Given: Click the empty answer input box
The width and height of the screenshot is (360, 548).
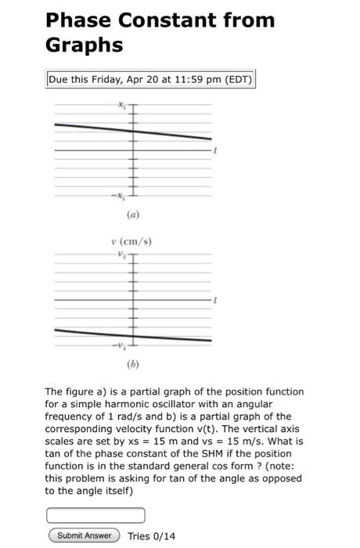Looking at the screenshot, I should [x=96, y=515].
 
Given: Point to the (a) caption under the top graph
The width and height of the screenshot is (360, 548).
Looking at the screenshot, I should [x=128, y=211].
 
